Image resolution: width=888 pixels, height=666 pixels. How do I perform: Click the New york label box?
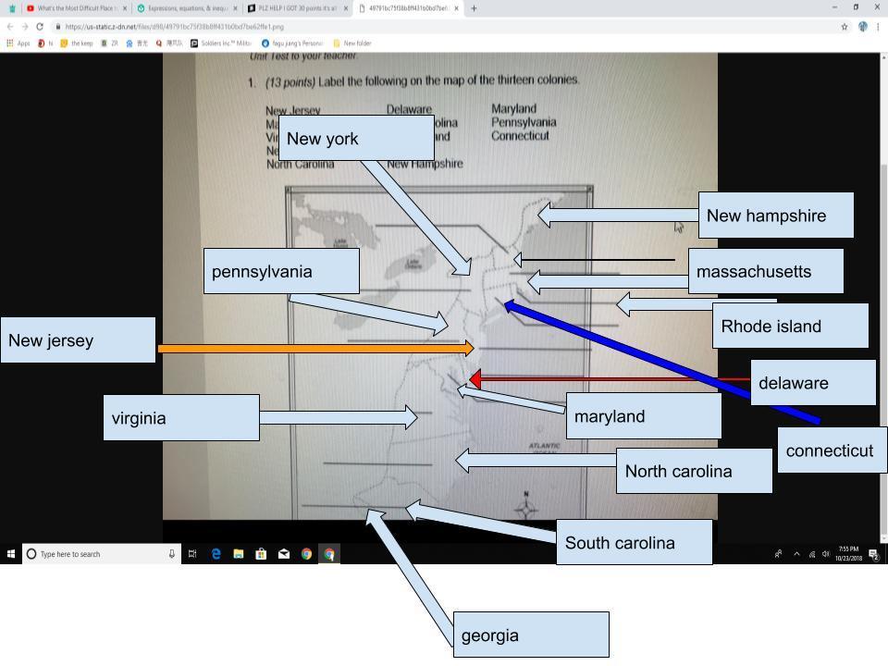click(x=355, y=138)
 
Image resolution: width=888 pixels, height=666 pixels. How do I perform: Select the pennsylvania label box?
click(x=281, y=271)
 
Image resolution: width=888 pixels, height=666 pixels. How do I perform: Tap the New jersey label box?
click(x=78, y=339)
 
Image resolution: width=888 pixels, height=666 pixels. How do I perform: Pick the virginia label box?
click(x=181, y=417)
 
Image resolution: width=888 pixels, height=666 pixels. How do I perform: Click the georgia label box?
click(x=531, y=635)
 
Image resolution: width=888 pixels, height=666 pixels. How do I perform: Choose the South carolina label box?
click(x=635, y=542)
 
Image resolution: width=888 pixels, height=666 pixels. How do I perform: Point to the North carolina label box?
click(x=694, y=471)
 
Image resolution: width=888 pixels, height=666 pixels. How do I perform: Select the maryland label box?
click(x=643, y=416)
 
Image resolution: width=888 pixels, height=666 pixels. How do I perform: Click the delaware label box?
click(x=812, y=382)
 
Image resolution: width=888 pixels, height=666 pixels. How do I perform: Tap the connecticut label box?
click(x=832, y=450)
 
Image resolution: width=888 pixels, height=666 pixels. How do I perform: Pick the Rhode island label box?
click(x=790, y=326)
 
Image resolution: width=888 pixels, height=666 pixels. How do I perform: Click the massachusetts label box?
click(x=766, y=271)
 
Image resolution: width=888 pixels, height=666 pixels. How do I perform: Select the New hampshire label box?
click(x=775, y=216)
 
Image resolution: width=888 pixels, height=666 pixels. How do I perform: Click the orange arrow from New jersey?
click(x=314, y=349)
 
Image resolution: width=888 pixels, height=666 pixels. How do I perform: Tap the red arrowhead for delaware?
click(x=475, y=378)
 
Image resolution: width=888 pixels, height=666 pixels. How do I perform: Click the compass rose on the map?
click(x=526, y=507)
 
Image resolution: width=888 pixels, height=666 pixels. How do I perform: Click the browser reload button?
click(x=39, y=27)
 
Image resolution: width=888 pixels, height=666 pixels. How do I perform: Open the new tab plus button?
click(x=474, y=8)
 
